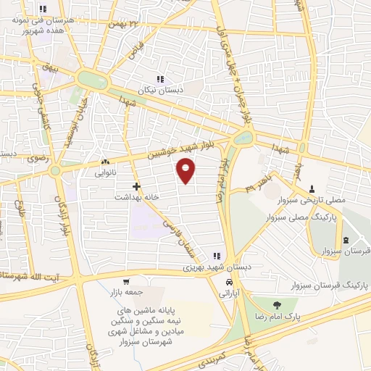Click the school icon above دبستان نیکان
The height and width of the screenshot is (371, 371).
tap(160, 79)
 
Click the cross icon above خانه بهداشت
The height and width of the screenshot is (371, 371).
tap(136, 185)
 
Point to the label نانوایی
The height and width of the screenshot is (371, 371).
tap(105, 174)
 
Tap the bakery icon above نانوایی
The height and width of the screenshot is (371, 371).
tap(105, 162)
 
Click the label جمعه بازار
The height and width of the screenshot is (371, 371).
tap(127, 294)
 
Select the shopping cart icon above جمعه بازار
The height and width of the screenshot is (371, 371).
tap(127, 282)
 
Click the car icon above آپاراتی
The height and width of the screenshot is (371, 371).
tap(229, 282)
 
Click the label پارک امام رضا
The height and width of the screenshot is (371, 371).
tap(272, 317)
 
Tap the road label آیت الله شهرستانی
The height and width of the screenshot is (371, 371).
tap(29, 278)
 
